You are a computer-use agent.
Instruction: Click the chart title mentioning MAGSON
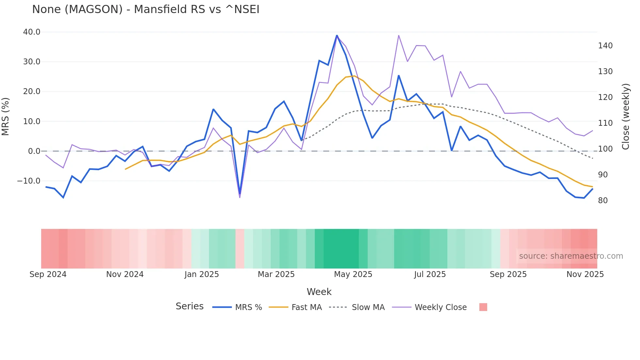pos(146,9)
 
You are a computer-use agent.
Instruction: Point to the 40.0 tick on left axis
pos(32,32)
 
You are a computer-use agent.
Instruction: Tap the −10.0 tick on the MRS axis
pos(29,181)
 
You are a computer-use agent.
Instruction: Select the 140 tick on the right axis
pos(605,46)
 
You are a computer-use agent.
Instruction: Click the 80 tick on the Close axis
pos(603,201)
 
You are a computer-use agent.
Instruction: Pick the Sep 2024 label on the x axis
pos(48,274)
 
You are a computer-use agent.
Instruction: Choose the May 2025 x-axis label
pos(353,274)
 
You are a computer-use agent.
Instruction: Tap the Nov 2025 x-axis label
pos(585,274)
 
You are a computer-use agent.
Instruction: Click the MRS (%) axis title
pos(6,117)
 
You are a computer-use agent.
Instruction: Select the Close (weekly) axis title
pos(625,117)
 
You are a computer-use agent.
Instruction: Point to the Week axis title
pos(319,292)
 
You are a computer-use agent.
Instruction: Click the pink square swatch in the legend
pos(483,307)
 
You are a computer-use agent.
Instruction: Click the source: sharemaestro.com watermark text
pos(571,256)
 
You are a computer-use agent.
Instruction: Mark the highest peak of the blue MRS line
pos(337,35)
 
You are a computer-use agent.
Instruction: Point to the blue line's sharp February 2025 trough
pos(240,194)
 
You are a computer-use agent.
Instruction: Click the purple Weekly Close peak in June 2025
pos(399,35)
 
